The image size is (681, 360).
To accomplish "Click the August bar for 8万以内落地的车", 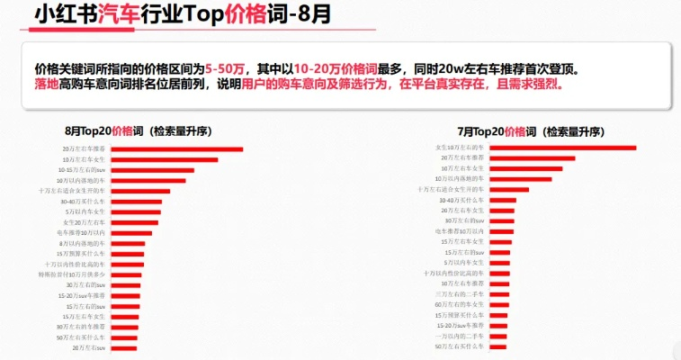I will click(x=127, y=244).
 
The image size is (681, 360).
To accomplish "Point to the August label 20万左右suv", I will click(x=90, y=347).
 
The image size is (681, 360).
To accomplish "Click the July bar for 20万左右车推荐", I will click(x=532, y=158).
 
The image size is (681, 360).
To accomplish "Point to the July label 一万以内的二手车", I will click(x=460, y=336).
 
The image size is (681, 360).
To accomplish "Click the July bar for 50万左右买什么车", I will click(x=497, y=346).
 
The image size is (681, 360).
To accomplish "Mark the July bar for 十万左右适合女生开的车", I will click(x=508, y=190).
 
